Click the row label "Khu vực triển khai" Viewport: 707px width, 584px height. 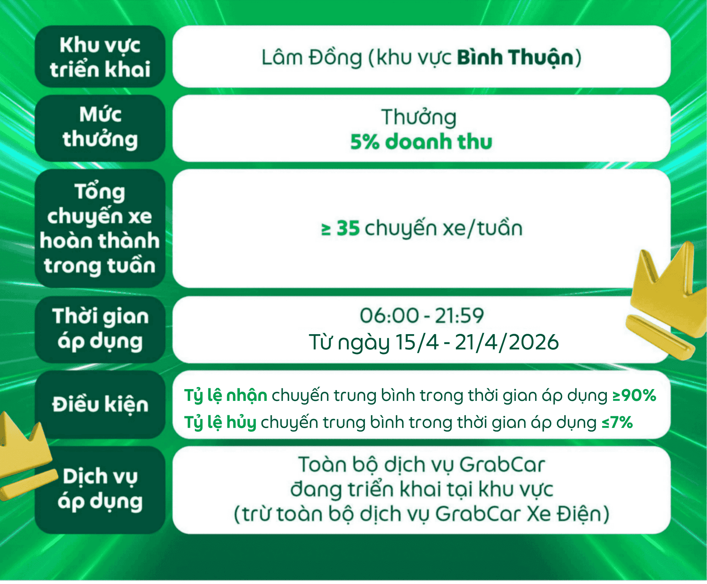point(100,57)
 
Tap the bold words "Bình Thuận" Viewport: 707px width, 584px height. point(516,58)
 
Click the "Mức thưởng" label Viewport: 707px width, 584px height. point(100,127)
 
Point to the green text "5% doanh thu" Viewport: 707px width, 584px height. point(421,142)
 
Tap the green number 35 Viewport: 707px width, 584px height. point(348,228)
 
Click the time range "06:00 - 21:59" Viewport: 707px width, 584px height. point(422,316)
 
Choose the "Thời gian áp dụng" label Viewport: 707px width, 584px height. point(100,329)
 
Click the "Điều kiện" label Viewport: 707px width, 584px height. point(100,405)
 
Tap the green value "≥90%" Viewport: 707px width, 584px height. point(634,395)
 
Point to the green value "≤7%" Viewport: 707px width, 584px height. point(617,422)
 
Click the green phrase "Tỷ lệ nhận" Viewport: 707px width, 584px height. point(226,396)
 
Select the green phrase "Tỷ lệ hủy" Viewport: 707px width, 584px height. point(220,423)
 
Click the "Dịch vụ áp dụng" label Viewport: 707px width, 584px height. point(100,489)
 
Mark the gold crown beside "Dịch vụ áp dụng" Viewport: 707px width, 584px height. point(26,457)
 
